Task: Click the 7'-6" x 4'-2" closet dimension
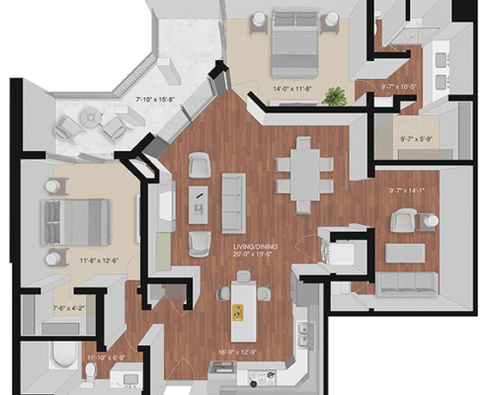click(x=67, y=307)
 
